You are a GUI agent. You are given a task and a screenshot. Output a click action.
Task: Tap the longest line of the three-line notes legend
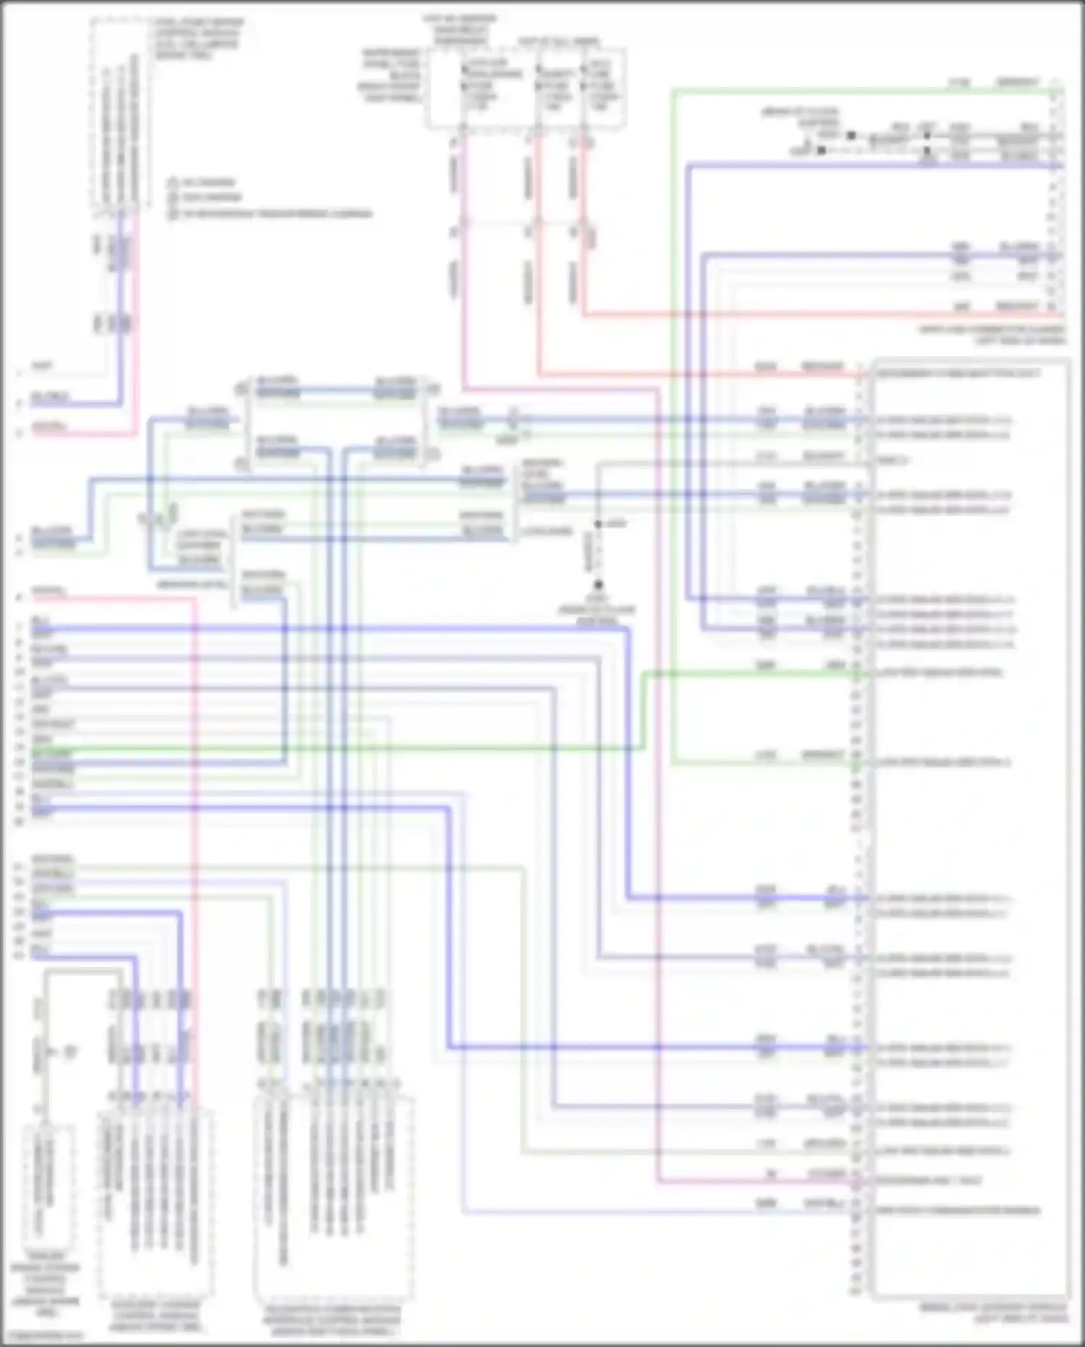click(271, 214)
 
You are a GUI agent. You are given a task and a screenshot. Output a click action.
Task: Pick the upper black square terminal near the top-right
click(851, 135)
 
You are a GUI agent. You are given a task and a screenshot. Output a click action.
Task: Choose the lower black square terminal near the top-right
click(821, 151)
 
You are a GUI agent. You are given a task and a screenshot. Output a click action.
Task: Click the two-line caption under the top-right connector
click(991, 334)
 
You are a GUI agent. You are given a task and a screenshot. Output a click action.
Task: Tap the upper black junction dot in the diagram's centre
click(598, 523)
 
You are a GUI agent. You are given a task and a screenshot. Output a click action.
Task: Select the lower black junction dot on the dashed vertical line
click(598, 585)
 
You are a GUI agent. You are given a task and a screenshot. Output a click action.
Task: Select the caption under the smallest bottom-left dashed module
click(45, 1285)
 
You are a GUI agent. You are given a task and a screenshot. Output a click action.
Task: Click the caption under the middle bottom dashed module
click(155, 1316)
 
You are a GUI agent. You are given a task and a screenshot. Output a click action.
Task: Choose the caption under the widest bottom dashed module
click(332, 1320)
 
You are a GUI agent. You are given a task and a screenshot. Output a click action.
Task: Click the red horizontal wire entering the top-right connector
click(796, 315)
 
